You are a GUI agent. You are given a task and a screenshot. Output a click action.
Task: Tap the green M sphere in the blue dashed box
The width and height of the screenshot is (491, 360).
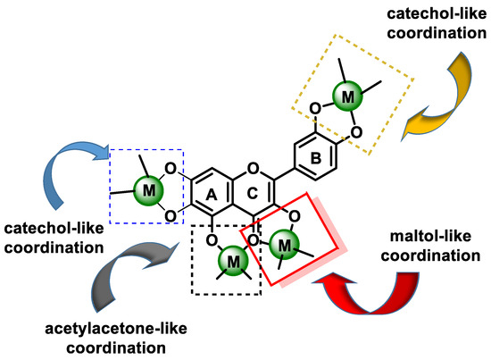146,189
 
